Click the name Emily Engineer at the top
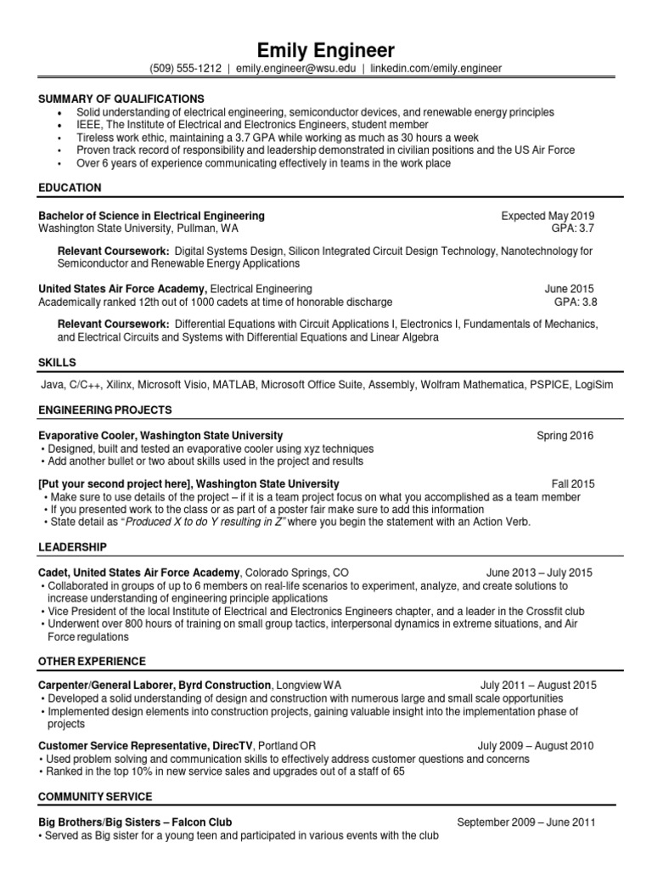[326, 48]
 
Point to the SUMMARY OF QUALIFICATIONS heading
[121, 99]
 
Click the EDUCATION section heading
[70, 187]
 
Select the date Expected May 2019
[548, 216]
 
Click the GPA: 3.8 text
[574, 302]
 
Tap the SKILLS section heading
[57, 363]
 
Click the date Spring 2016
[565, 436]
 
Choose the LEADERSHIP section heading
[72, 546]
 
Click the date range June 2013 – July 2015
[540, 573]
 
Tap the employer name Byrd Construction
[228, 685]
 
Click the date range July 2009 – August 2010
[536, 746]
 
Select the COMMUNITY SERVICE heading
[95, 796]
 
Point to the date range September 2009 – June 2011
[526, 822]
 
